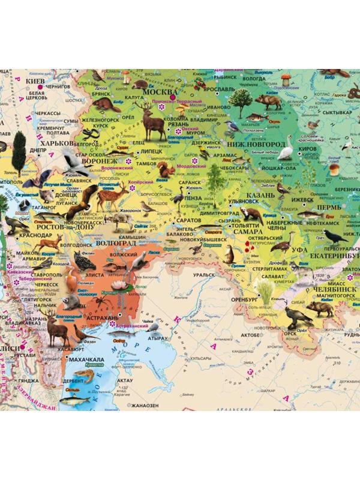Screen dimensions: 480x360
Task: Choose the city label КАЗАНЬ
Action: tap(260, 196)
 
